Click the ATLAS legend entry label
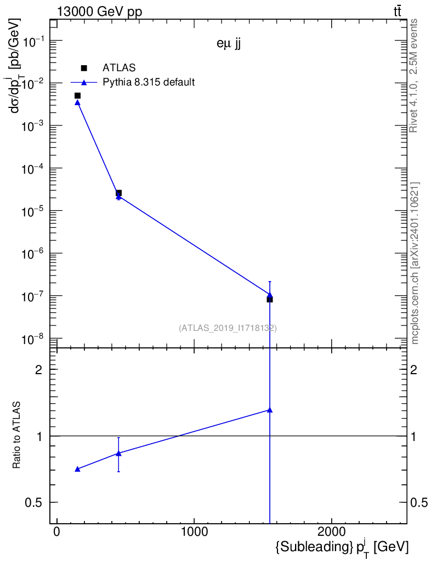click(x=118, y=68)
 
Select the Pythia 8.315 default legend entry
click(x=149, y=83)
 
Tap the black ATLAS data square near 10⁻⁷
click(x=270, y=299)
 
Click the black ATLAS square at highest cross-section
click(x=77, y=96)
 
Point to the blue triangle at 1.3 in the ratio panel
click(x=270, y=410)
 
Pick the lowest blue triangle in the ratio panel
click(x=77, y=469)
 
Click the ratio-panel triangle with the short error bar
click(x=118, y=453)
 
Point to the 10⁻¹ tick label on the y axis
click(x=35, y=41)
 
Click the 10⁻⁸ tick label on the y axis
click(x=35, y=339)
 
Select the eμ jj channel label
click(x=229, y=45)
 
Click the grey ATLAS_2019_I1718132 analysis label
click(x=228, y=328)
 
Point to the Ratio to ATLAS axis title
click(x=17, y=435)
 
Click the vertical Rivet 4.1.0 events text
click(x=414, y=76)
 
